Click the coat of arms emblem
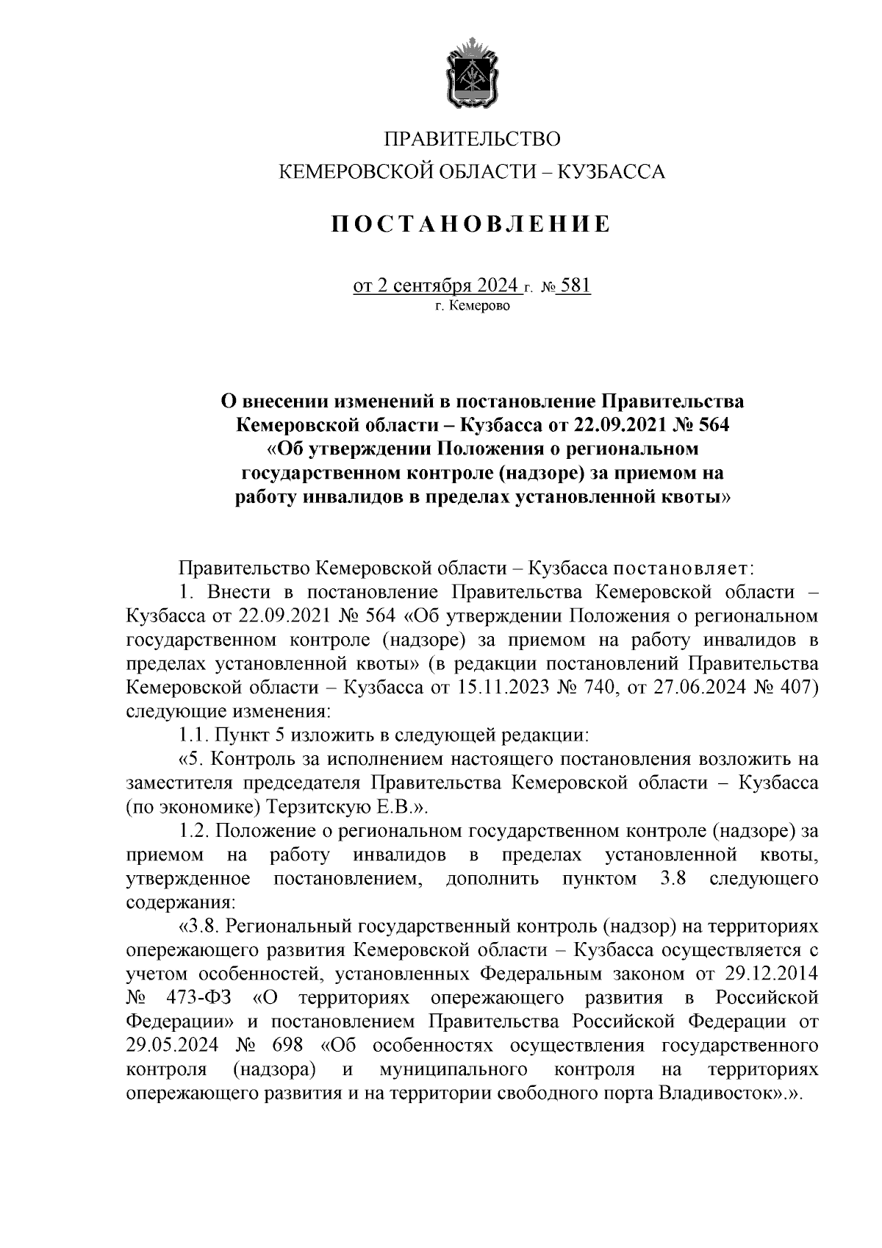(474, 76)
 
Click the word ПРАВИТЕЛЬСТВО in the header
(473, 139)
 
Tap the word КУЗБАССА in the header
(612, 172)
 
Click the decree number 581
(576, 285)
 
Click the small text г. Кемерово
(470, 305)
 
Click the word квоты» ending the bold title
(699, 496)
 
